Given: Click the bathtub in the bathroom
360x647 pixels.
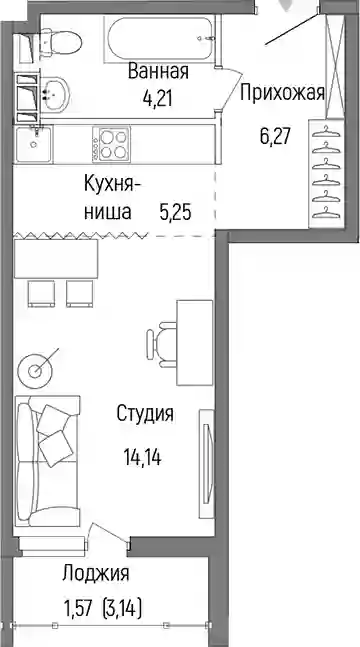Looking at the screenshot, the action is pyautogui.click(x=161, y=39).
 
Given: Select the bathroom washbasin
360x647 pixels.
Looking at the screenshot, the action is pyautogui.click(x=54, y=94).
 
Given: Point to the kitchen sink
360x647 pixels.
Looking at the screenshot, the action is pyautogui.click(x=34, y=143).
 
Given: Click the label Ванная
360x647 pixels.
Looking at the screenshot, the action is pyautogui.click(x=158, y=71).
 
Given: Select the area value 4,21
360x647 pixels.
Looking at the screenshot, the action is pyautogui.click(x=156, y=99).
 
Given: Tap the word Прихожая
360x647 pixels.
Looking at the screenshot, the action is pyautogui.click(x=282, y=93).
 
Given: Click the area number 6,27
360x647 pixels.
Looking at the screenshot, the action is pyautogui.click(x=275, y=137).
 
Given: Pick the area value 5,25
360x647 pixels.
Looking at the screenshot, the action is pyautogui.click(x=175, y=213).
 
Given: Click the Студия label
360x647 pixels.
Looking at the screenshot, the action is pyautogui.click(x=145, y=413).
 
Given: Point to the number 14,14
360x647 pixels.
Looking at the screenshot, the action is pyautogui.click(x=142, y=457).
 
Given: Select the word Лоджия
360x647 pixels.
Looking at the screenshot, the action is pyautogui.click(x=96, y=574).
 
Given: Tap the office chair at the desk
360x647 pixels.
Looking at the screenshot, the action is pyautogui.click(x=161, y=343).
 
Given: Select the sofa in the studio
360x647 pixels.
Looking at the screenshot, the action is pyautogui.click(x=47, y=460).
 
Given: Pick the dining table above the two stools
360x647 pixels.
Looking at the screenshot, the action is pyautogui.click(x=56, y=258).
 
